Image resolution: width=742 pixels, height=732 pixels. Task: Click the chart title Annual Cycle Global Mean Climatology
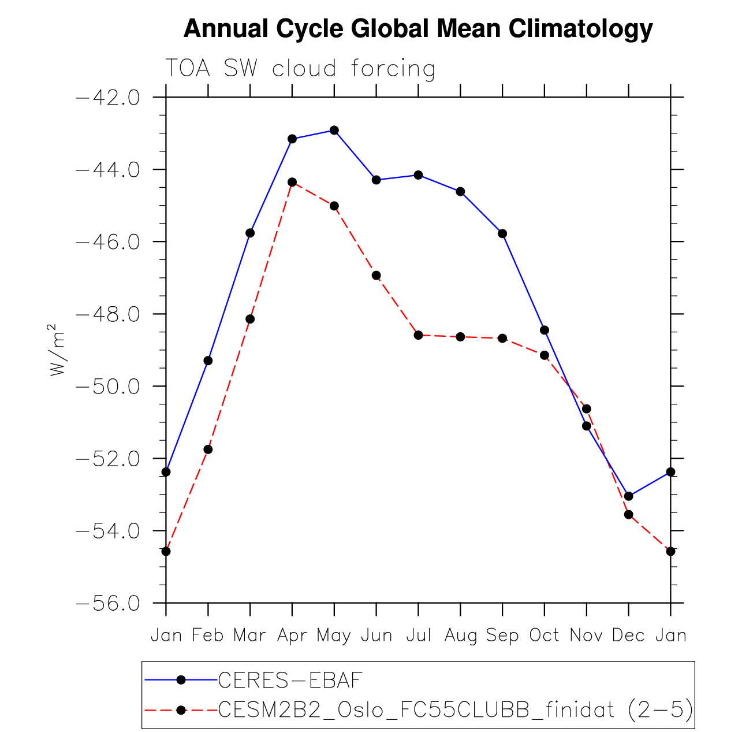[417, 28]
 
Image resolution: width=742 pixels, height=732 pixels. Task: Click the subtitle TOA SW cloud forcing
[300, 69]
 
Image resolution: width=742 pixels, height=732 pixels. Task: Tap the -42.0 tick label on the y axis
[108, 97]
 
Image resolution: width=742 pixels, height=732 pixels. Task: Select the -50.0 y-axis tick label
[108, 386]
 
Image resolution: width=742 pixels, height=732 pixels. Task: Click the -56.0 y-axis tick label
[108, 603]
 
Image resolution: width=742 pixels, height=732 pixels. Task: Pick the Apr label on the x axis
[292, 636]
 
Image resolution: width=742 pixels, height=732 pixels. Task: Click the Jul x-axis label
[418, 636]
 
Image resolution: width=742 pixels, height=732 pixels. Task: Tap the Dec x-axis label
[628, 636]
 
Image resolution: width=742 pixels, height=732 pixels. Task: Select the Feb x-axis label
[208, 636]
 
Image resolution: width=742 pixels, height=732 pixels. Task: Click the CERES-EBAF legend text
[290, 680]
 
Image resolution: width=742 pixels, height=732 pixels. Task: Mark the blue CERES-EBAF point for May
[334, 130]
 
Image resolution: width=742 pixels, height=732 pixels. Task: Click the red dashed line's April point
[292, 182]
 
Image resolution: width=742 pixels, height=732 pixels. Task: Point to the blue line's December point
[628, 496]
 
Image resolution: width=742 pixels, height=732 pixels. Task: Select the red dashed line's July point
[418, 335]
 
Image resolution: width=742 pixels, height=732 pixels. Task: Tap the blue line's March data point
[250, 233]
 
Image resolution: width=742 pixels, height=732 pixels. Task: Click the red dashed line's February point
[208, 449]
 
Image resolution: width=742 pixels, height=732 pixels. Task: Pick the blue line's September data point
[502, 233]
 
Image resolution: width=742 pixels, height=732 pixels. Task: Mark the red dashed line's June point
[376, 276]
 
